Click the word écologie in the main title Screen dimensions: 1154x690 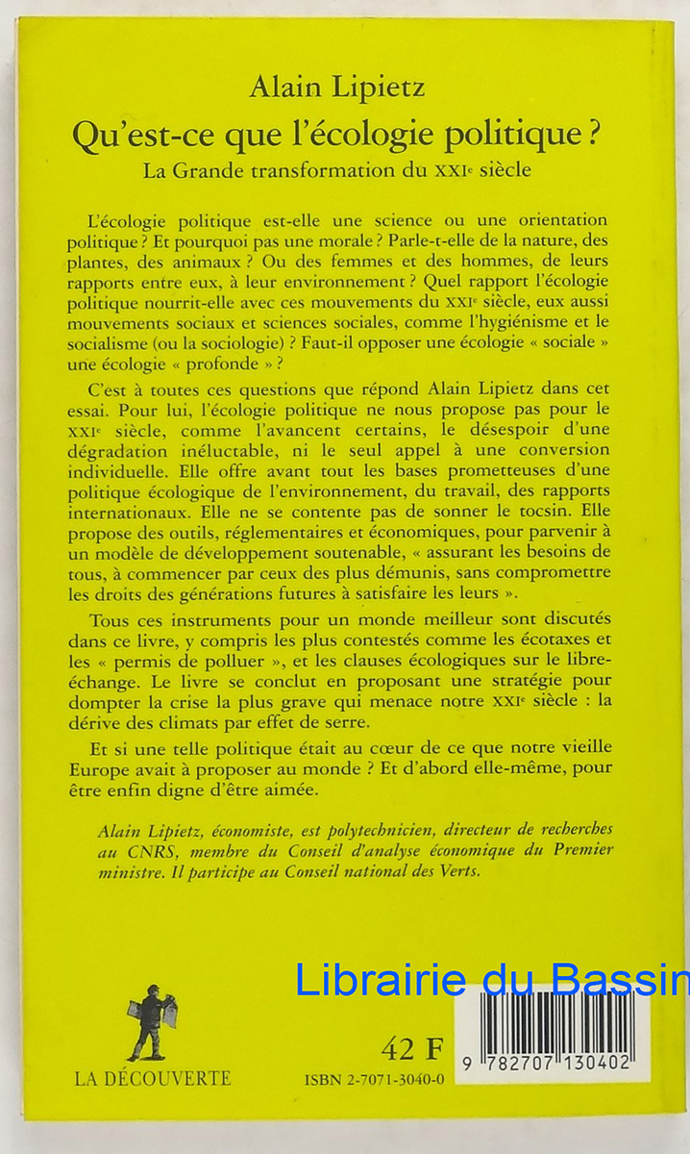click(x=384, y=134)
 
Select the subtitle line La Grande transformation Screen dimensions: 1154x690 click(x=337, y=172)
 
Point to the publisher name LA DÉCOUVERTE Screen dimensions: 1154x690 click(x=153, y=1078)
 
